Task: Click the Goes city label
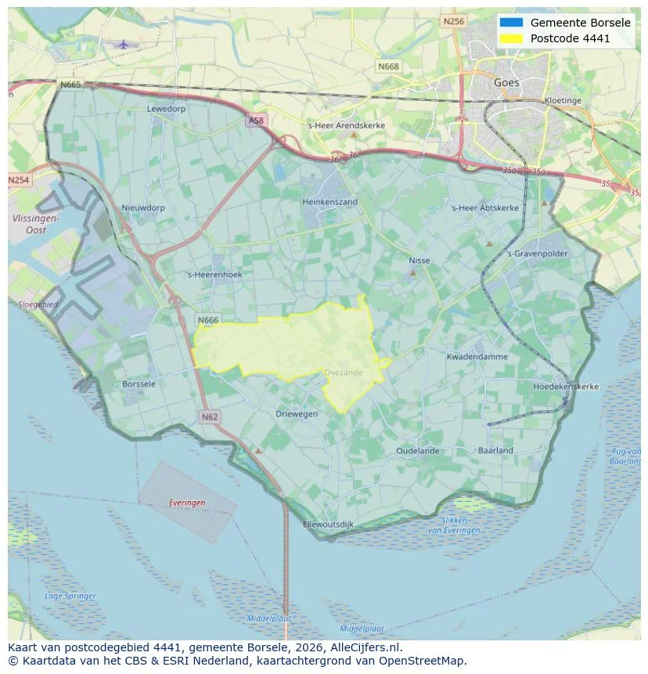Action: pyautogui.click(x=506, y=82)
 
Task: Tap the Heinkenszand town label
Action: pyautogui.click(x=329, y=202)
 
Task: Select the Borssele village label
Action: pyautogui.click(x=139, y=384)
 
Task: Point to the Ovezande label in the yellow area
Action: pyautogui.click(x=344, y=373)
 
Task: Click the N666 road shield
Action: pyautogui.click(x=207, y=320)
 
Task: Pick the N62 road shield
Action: pyautogui.click(x=209, y=417)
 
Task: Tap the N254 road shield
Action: pyautogui.click(x=19, y=180)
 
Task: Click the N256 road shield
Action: pyautogui.click(x=453, y=21)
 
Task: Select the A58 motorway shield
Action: pyautogui.click(x=256, y=121)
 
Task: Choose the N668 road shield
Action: pyautogui.click(x=387, y=67)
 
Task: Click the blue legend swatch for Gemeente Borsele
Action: pyautogui.click(x=511, y=23)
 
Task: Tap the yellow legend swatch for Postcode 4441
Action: pyautogui.click(x=511, y=38)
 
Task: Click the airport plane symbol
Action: pyautogui.click(x=123, y=44)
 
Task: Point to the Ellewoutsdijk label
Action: pyautogui.click(x=328, y=524)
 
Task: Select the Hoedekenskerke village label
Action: pyautogui.click(x=565, y=387)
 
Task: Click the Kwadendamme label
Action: pyautogui.click(x=477, y=357)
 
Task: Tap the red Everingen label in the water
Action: pyautogui.click(x=186, y=503)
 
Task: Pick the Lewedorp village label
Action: pyautogui.click(x=167, y=109)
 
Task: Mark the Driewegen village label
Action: pyautogui.click(x=297, y=413)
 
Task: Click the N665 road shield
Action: pyautogui.click(x=70, y=85)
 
